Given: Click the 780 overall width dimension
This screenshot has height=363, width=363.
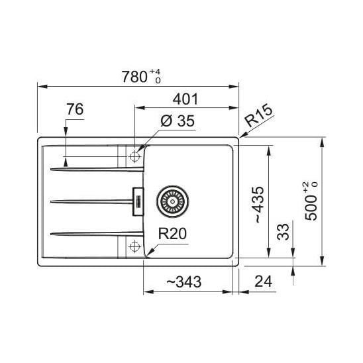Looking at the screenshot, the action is pos(134,77).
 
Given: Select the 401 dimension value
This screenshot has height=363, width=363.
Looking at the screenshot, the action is pos(185,99).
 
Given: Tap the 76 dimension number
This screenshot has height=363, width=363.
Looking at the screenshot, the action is pos(75,109).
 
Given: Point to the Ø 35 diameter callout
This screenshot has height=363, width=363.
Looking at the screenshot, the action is pos(178,121).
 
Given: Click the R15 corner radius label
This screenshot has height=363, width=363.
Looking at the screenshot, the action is pos(259,115).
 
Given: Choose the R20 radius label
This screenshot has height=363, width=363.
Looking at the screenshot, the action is pos(172,233).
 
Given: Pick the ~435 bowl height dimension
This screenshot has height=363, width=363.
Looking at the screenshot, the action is pos(259,205).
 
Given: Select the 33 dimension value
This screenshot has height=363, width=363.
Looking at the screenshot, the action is pos(284,232).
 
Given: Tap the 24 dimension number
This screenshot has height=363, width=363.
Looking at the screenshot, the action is pos(263,282).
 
